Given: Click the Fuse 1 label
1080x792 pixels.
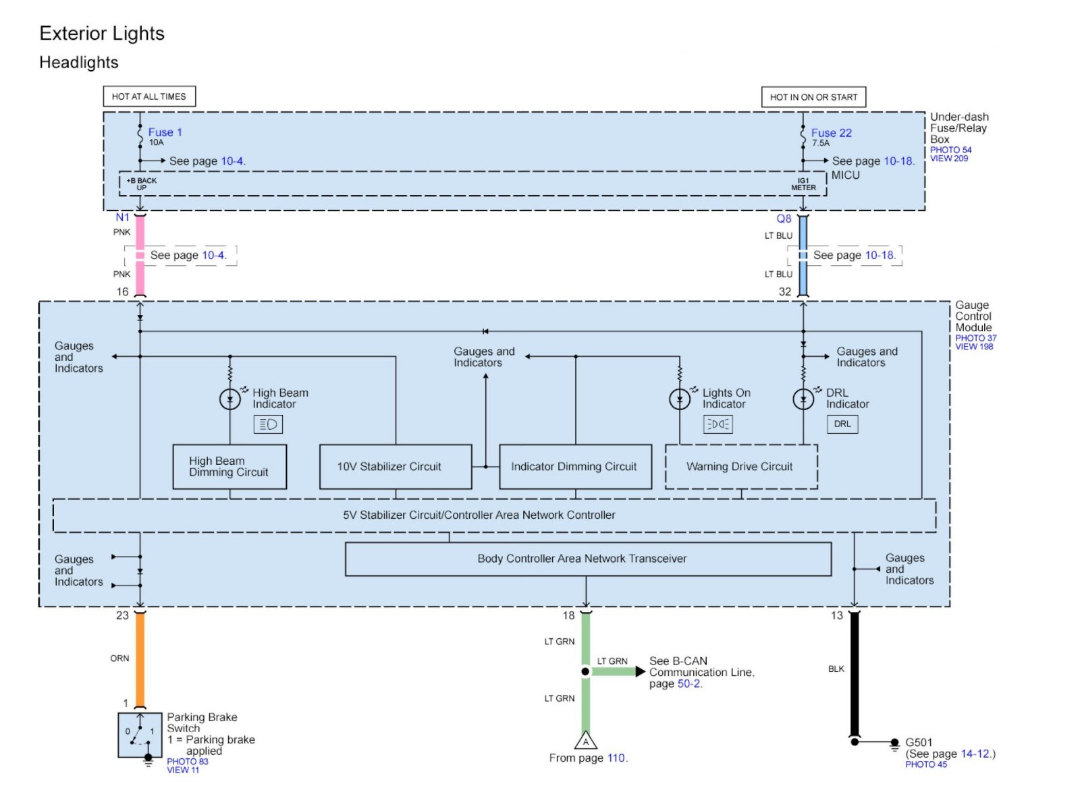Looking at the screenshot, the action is click(x=165, y=132).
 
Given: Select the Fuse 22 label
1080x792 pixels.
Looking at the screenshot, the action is click(x=831, y=132).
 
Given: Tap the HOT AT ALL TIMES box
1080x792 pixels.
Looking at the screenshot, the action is click(x=149, y=96).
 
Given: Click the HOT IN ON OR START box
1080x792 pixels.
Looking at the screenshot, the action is click(x=813, y=97).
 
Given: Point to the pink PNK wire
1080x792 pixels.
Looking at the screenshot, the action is click(x=140, y=255).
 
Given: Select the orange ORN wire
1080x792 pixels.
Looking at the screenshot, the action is click(x=140, y=659).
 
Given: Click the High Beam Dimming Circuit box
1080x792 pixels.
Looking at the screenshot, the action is click(x=230, y=467).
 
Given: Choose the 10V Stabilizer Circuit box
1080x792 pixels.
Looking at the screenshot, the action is click(x=396, y=467).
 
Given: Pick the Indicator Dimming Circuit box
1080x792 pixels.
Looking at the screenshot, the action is click(x=576, y=467).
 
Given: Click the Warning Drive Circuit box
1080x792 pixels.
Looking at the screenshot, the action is click(x=742, y=467).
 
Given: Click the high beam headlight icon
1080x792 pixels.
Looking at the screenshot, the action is click(x=268, y=424).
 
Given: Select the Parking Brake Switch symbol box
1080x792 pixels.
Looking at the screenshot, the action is click(x=140, y=735).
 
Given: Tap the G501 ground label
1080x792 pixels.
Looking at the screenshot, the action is click(x=919, y=742).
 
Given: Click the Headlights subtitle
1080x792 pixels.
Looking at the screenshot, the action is click(x=78, y=63).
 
